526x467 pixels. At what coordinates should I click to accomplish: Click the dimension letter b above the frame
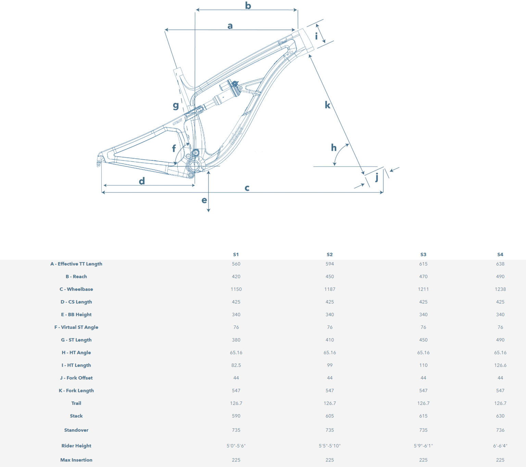point(248,5)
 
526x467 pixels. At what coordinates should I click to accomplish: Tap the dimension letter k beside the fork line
point(327,105)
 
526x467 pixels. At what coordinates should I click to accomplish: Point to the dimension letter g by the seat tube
point(176,106)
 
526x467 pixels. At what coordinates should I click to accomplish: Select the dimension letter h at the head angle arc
point(334,148)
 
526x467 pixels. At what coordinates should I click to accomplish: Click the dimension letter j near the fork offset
point(377,178)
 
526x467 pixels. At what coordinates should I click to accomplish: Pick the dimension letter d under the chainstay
point(142,181)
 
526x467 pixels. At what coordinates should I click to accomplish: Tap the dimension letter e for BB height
point(204,200)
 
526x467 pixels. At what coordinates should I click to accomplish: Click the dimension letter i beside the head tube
point(316,36)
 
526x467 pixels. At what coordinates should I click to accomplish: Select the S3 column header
point(423,255)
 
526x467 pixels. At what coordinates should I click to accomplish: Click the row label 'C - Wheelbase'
point(76,289)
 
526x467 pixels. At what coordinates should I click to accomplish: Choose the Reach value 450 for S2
point(330,276)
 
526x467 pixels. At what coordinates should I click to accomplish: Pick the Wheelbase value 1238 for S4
point(500,289)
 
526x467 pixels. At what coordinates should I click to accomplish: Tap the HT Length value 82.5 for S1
point(236,365)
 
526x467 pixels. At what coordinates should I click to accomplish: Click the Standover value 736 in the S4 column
point(500,430)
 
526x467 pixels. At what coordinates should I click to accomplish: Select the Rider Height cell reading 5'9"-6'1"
point(423,446)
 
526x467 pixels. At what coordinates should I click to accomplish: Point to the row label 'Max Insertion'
point(76,460)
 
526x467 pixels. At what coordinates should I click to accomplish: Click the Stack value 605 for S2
point(330,416)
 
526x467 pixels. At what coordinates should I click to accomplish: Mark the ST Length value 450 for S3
point(423,340)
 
